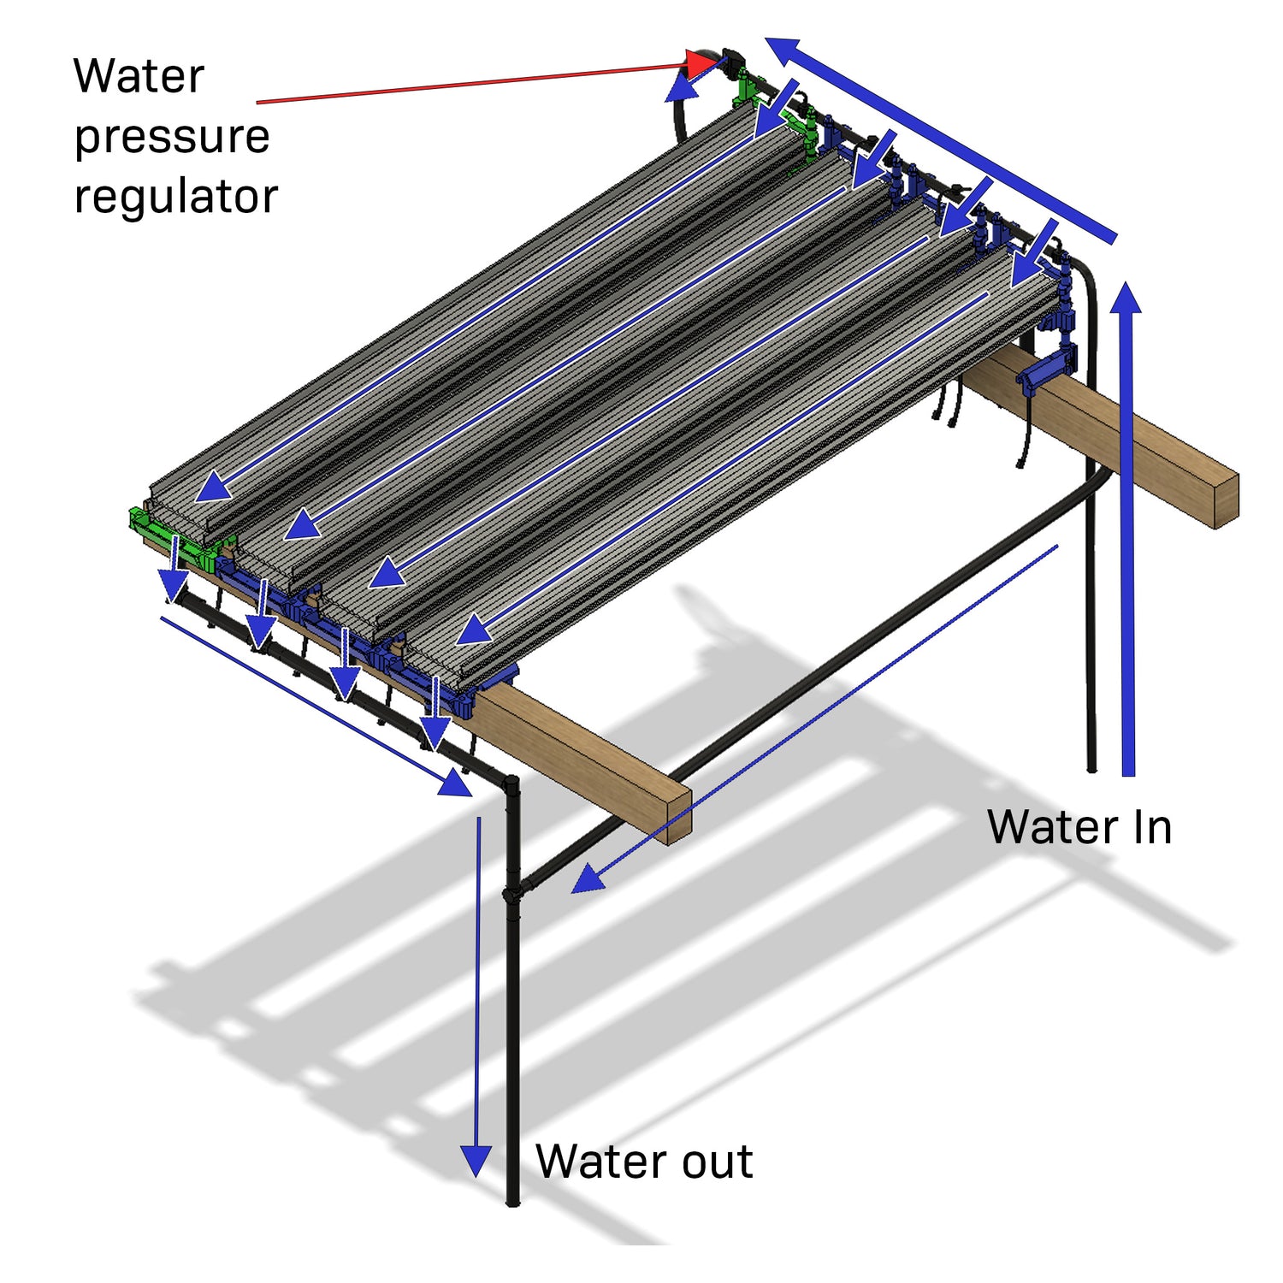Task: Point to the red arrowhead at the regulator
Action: tap(702, 62)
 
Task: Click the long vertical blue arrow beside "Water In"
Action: tap(1128, 530)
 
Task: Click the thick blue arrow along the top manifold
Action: tap(941, 141)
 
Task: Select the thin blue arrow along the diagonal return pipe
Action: tap(813, 718)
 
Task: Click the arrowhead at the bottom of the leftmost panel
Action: tap(214, 489)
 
